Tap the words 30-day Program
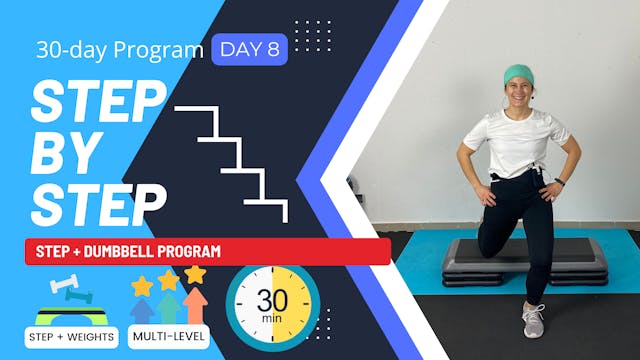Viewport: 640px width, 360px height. click(119, 49)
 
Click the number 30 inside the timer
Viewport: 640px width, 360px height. click(272, 301)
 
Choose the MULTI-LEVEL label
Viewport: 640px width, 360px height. click(169, 336)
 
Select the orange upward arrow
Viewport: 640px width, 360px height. click(196, 305)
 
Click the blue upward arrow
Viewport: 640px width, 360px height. click(143, 310)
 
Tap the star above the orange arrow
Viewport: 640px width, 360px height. click(195, 272)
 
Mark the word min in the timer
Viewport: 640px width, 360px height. click(272, 319)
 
